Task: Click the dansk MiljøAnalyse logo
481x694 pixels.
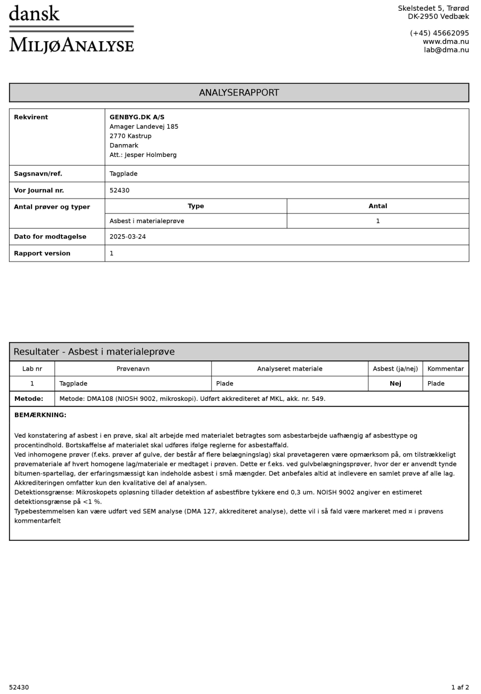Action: click(x=71, y=29)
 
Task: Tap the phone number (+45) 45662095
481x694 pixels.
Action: click(x=439, y=33)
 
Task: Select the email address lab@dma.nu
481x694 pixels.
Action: click(x=446, y=50)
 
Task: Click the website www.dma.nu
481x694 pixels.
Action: click(x=446, y=42)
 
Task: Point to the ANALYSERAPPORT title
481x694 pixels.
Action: click(x=239, y=93)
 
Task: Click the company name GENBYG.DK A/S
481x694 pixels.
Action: click(x=137, y=117)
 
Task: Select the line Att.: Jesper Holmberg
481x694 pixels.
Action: click(x=143, y=155)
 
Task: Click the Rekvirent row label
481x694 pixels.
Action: click(x=31, y=117)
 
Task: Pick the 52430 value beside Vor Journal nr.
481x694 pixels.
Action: click(x=119, y=191)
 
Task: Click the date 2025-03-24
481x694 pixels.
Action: click(x=128, y=237)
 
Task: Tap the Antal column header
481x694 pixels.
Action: click(x=378, y=206)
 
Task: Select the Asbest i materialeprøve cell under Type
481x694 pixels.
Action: click(x=147, y=221)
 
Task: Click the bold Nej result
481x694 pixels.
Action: click(x=395, y=384)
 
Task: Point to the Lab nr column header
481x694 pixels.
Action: click(x=32, y=369)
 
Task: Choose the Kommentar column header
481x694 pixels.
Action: click(x=445, y=369)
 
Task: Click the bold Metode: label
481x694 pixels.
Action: click(x=29, y=399)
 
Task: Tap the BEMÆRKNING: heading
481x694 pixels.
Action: click(x=40, y=415)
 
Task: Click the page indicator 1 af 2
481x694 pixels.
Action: click(x=460, y=688)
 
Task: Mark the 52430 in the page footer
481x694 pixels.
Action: click(x=19, y=688)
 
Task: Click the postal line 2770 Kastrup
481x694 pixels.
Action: click(x=130, y=136)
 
